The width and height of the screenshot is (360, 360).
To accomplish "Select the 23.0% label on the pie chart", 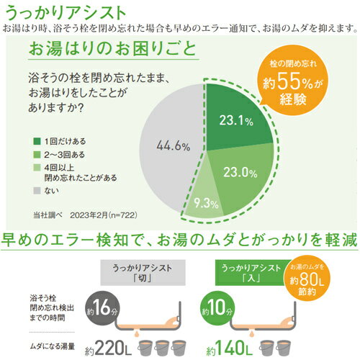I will [241, 172].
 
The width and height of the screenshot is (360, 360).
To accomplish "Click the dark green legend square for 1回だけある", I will [36, 140].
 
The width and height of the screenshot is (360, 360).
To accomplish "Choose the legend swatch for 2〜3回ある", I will [36, 154].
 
